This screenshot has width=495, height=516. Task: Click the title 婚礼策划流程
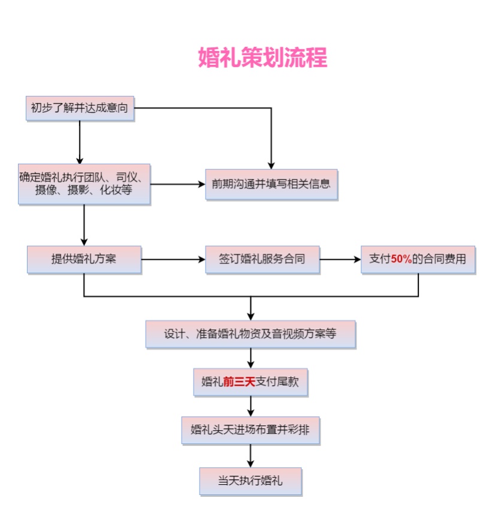262,58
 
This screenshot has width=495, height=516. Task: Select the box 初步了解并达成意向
80,109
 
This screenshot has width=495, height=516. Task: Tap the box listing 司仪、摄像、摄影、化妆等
83,184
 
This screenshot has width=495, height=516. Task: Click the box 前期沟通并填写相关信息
271,184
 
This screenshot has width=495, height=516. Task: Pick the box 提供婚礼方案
84,260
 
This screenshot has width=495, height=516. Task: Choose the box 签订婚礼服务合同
262,260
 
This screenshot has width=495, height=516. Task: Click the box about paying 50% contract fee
418,260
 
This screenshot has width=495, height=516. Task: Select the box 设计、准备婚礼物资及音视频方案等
250,334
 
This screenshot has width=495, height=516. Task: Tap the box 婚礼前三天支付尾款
250,382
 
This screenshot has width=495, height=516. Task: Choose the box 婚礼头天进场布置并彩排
250,430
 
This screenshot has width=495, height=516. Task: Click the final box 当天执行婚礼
250,481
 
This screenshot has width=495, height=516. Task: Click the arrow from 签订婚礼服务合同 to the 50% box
340,260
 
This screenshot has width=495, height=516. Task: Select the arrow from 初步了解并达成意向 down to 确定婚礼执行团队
80,142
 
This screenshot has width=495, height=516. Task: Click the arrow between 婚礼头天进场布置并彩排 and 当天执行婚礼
250,456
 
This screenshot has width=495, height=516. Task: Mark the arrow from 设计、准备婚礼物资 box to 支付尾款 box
250,358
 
